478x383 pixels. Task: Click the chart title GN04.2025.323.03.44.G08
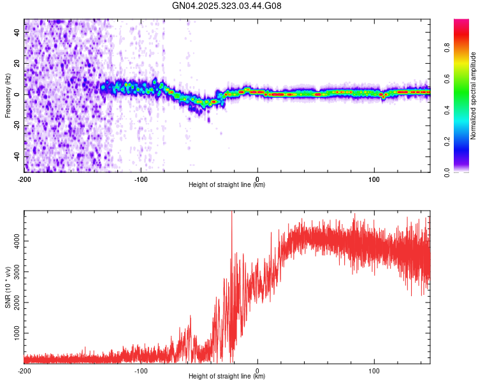coord(227,6)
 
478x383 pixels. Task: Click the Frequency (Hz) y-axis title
coord(8,96)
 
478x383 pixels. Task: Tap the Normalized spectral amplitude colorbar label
coord(474,96)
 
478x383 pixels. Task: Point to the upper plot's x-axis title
coord(227,184)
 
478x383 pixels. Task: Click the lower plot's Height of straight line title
coord(227,376)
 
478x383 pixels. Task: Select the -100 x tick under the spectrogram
coord(141,178)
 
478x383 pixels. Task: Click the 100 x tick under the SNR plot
coord(374,370)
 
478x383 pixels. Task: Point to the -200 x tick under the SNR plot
coord(24,370)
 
